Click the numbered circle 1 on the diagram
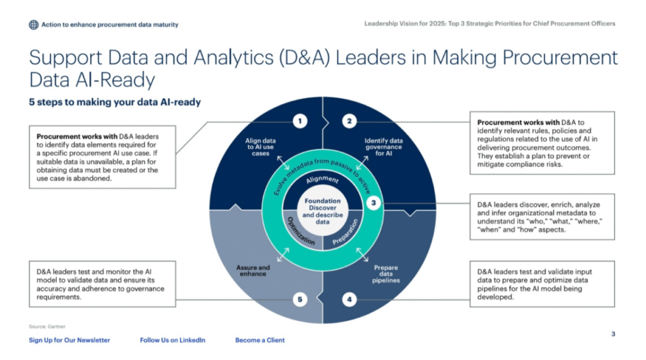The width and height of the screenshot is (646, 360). (x=301, y=121)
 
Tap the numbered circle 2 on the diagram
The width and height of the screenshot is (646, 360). (x=349, y=121)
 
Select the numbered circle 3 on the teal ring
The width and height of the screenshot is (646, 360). (x=373, y=203)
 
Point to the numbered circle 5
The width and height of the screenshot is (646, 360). (x=301, y=300)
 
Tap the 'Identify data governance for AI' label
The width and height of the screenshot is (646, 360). (x=384, y=147)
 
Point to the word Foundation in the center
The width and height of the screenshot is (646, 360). (x=323, y=200)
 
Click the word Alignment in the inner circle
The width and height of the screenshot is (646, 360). (x=322, y=180)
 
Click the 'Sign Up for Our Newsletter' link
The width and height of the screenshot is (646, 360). (x=69, y=340)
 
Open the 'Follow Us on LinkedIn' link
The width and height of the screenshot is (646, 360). (x=172, y=340)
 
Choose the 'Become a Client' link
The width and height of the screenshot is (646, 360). (x=260, y=340)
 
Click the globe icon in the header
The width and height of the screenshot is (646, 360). (x=33, y=25)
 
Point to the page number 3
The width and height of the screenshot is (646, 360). (x=613, y=334)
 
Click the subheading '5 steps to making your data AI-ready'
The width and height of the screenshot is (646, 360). (x=115, y=102)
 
